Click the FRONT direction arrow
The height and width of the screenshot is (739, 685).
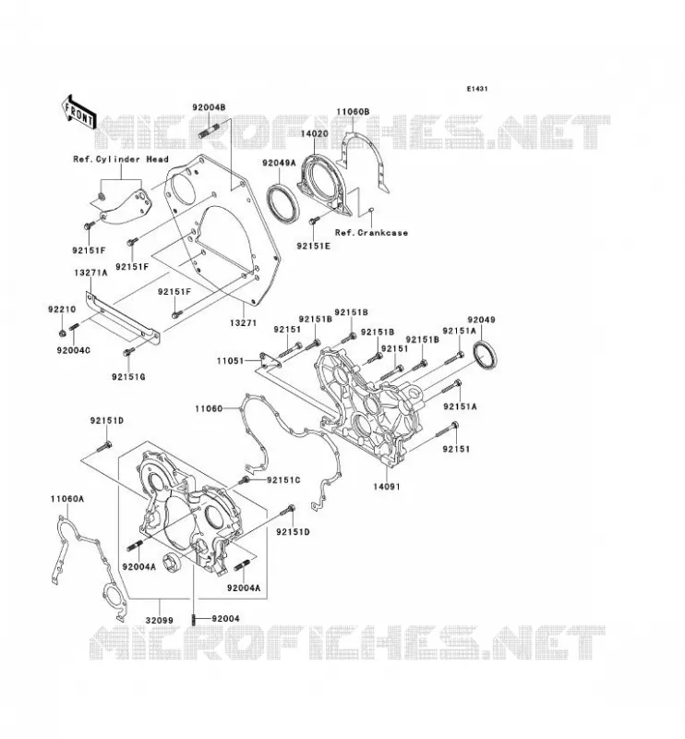[78, 112]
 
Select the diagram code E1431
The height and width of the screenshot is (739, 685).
[477, 89]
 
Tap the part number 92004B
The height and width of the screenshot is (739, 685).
[209, 107]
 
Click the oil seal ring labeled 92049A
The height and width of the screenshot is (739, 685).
[282, 201]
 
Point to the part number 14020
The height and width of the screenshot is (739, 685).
[314, 134]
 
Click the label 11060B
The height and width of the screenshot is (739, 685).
[353, 112]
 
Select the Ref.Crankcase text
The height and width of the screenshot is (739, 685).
[371, 233]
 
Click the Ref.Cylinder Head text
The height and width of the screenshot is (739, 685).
[121, 159]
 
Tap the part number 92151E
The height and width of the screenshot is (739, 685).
[313, 246]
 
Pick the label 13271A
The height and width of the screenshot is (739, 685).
[90, 273]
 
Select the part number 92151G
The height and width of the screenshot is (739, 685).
[128, 377]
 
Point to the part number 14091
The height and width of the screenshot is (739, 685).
[386, 487]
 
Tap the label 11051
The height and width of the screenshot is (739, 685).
[231, 361]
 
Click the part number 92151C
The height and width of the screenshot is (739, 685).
[283, 480]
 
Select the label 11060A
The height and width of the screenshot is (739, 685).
[67, 499]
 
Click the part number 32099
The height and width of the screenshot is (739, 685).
[159, 621]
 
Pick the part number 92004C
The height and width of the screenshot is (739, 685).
[74, 351]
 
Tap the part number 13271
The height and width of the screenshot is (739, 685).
[244, 322]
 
